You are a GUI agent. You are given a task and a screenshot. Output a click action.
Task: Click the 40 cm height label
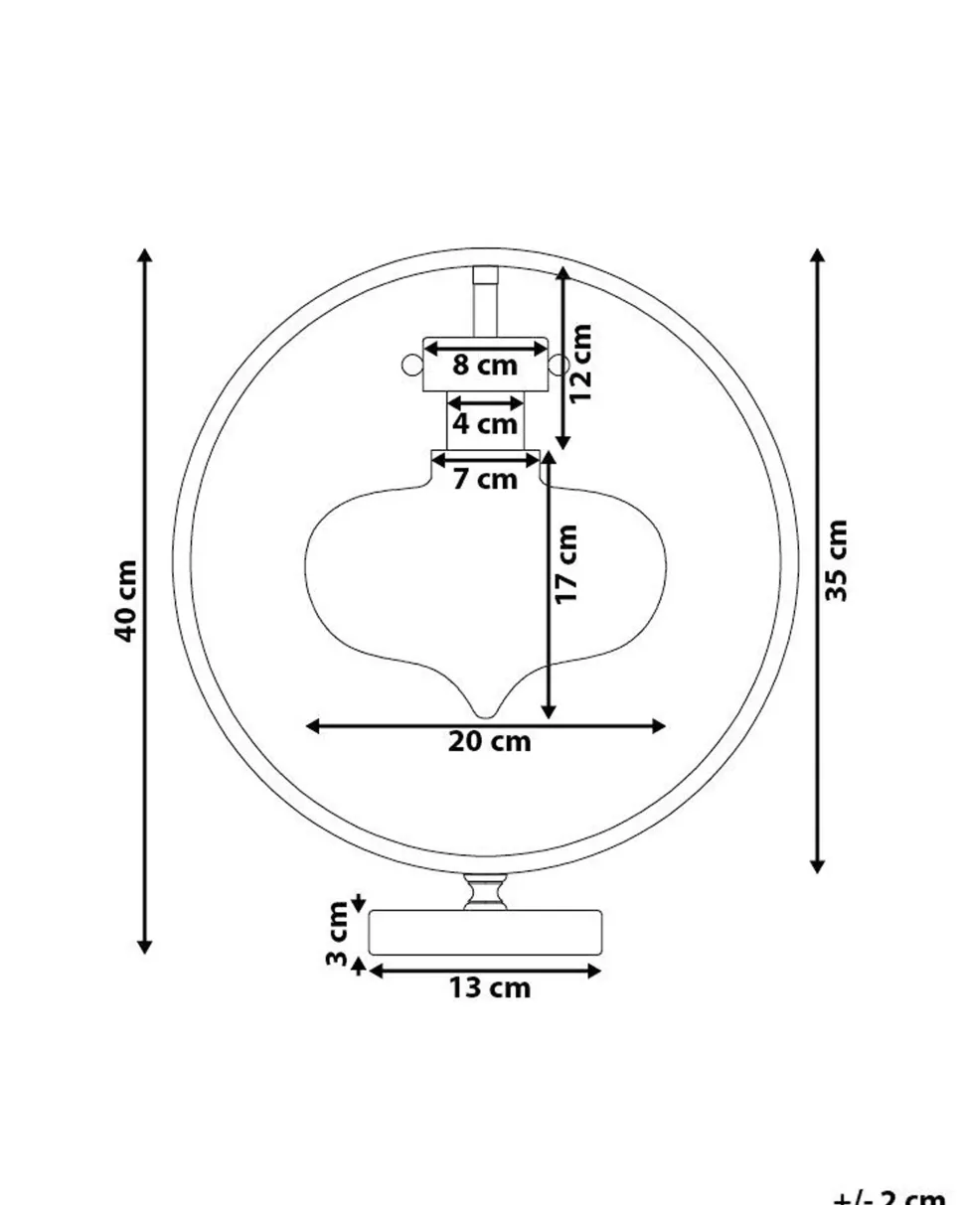pyautogui.click(x=126, y=601)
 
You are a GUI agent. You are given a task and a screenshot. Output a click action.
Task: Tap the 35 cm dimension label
pyautogui.click(x=838, y=560)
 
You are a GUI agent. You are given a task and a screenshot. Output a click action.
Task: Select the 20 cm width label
pyautogui.click(x=489, y=742)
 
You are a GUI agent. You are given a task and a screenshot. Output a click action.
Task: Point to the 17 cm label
pyautogui.click(x=566, y=564)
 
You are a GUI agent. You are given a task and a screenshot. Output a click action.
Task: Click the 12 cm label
pyautogui.click(x=581, y=363)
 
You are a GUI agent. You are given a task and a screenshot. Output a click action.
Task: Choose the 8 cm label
pyautogui.click(x=485, y=366)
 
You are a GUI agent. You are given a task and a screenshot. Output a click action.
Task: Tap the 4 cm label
pyautogui.click(x=485, y=424)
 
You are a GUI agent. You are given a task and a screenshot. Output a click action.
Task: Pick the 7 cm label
pyautogui.click(x=485, y=480)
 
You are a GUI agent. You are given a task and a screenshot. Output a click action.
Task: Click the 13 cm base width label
pyautogui.click(x=489, y=988)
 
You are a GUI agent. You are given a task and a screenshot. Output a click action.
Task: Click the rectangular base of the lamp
pyautogui.click(x=485, y=933)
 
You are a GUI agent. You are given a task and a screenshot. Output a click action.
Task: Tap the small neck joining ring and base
pyautogui.click(x=485, y=892)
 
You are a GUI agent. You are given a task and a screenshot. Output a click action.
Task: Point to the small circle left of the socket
pyautogui.click(x=411, y=366)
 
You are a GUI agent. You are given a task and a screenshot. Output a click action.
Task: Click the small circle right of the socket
pyautogui.click(x=560, y=366)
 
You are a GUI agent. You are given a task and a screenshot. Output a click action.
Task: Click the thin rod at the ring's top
pyautogui.click(x=485, y=303)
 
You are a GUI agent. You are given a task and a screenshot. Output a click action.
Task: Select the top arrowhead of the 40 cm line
pyautogui.click(x=145, y=255)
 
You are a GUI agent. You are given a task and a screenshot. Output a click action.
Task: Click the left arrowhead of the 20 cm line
pyautogui.click(x=312, y=726)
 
